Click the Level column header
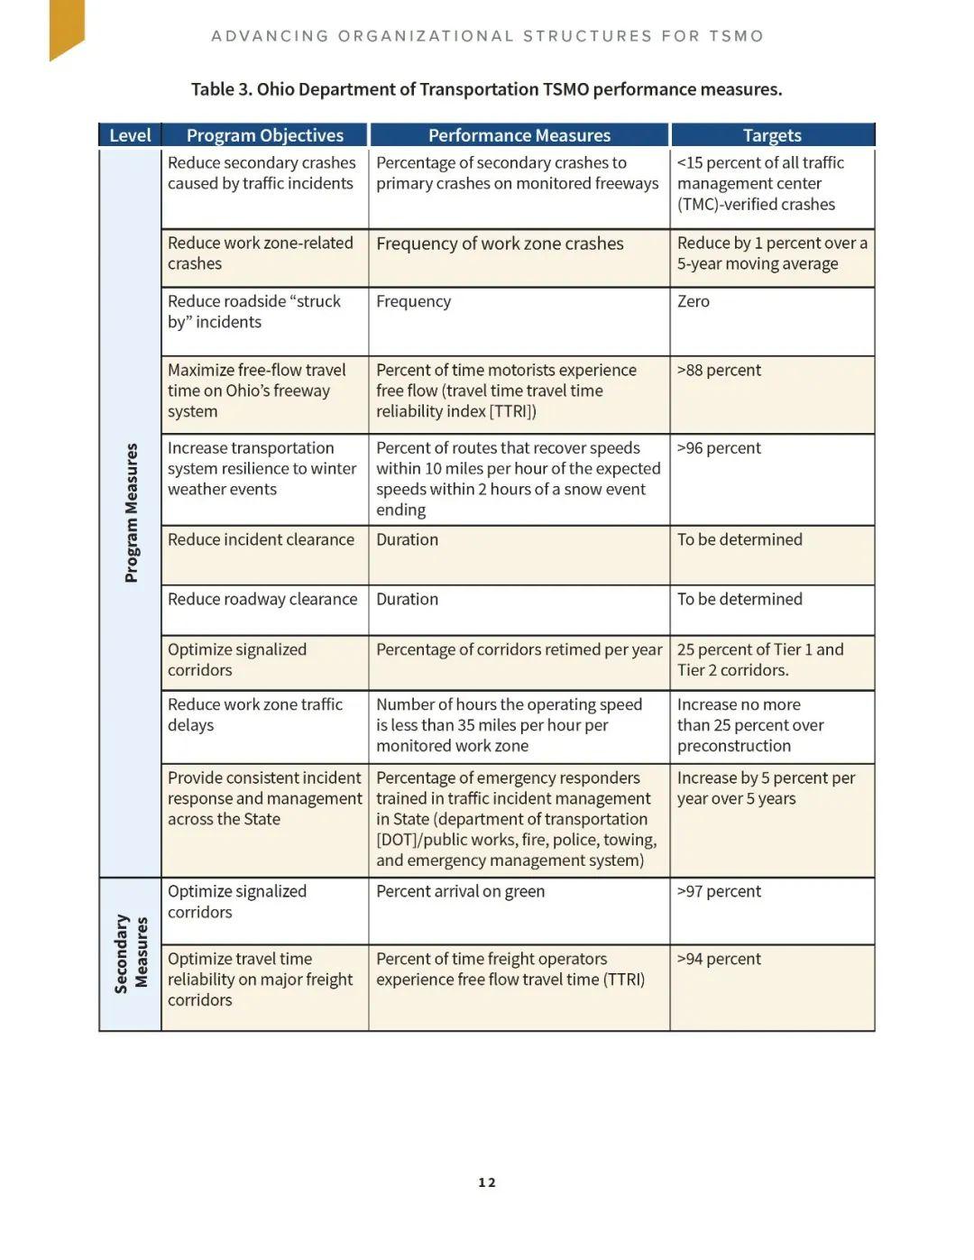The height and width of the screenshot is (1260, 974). [130, 135]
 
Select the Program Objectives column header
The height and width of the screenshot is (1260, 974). [264, 135]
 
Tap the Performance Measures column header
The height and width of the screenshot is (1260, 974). [519, 135]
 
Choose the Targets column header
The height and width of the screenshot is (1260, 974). [772, 135]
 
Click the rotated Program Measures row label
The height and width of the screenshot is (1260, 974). [132, 512]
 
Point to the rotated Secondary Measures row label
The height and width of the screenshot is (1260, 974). [132, 953]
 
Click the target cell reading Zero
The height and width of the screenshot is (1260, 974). [694, 301]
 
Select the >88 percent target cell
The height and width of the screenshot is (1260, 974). [719, 370]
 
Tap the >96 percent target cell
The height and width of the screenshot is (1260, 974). [719, 448]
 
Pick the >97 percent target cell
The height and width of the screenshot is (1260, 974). [719, 891]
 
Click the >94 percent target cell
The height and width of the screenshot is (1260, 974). [719, 959]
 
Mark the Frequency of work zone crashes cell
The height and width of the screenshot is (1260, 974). [500, 244]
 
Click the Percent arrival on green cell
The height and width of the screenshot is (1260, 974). [460, 891]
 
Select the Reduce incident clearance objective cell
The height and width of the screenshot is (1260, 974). [261, 539]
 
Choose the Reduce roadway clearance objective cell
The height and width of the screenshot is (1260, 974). [262, 599]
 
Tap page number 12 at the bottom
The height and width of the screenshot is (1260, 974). [487, 1182]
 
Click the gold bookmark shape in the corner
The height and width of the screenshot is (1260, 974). [66, 28]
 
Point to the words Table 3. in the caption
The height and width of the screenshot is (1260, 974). [222, 89]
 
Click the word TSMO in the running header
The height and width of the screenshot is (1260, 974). [736, 36]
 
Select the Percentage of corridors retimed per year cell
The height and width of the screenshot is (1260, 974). [519, 649]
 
